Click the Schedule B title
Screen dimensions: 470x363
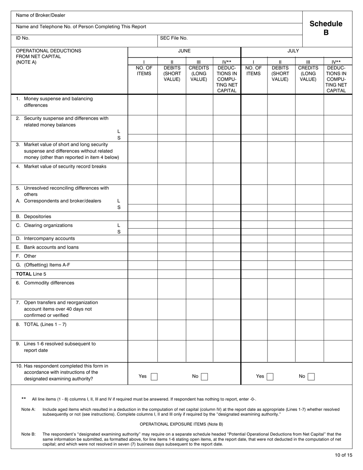click(x=326, y=28)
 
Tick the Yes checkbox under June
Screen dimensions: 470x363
click(x=154, y=376)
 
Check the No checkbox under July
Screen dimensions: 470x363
click(x=311, y=376)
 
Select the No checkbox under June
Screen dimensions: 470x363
click(x=204, y=376)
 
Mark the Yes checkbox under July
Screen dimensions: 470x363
click(x=270, y=376)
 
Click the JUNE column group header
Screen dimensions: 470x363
click(x=184, y=50)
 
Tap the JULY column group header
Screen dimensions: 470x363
click(x=293, y=50)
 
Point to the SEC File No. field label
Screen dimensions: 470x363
click(x=174, y=38)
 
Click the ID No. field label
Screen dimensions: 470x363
click(x=23, y=38)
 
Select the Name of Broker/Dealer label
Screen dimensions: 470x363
click(x=41, y=15)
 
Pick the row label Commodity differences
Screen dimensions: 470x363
click(x=49, y=283)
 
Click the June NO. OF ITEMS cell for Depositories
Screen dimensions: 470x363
click(x=143, y=216)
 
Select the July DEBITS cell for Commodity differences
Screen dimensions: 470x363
click(x=281, y=288)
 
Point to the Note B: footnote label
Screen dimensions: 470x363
click(x=28, y=434)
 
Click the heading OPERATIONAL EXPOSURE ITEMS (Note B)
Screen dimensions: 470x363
click(x=181, y=424)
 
